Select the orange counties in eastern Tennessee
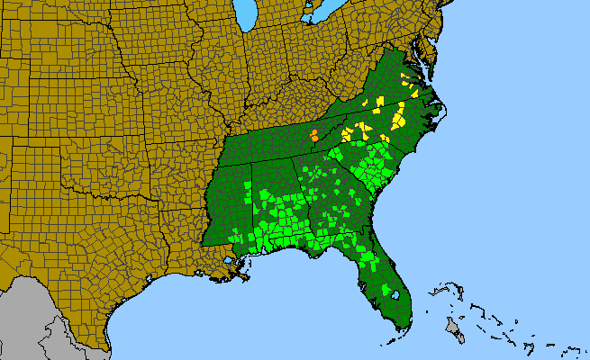coord(313,136)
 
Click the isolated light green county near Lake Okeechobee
coord(368,258)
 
